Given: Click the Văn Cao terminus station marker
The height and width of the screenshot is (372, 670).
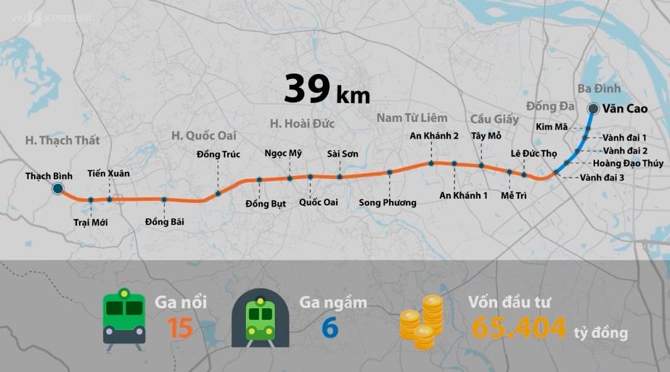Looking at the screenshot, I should (593, 109).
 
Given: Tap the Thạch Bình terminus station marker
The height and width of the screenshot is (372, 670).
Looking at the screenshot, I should (57, 189).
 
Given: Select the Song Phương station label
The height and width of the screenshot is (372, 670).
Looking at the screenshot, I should (388, 202).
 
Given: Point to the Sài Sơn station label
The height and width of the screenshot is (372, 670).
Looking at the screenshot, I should (343, 154).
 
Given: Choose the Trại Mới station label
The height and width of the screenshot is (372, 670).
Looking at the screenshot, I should (91, 222).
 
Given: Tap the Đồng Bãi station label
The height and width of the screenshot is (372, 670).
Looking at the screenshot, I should (165, 221).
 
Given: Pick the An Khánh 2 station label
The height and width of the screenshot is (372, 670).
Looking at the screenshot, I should (434, 136).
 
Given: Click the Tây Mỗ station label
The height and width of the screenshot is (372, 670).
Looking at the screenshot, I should (486, 136).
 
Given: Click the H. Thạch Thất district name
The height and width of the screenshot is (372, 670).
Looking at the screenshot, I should (62, 140).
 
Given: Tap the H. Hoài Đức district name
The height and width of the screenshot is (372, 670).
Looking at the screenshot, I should (302, 123).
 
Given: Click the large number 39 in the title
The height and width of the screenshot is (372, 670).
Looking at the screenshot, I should (307, 89).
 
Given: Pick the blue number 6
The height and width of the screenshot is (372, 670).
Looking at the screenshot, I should (330, 328).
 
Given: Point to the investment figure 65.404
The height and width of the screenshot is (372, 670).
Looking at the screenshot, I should (519, 328).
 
